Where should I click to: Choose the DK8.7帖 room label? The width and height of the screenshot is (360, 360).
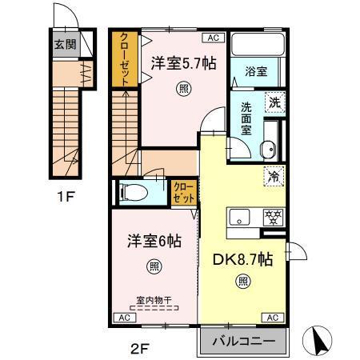[242, 258]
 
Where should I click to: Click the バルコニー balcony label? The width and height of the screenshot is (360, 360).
[242, 342]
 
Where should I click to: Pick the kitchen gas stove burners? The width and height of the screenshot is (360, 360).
[273, 216]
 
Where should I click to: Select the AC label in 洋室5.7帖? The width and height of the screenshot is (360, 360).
[214, 37]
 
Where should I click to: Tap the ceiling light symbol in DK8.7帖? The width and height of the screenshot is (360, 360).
[242, 281]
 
